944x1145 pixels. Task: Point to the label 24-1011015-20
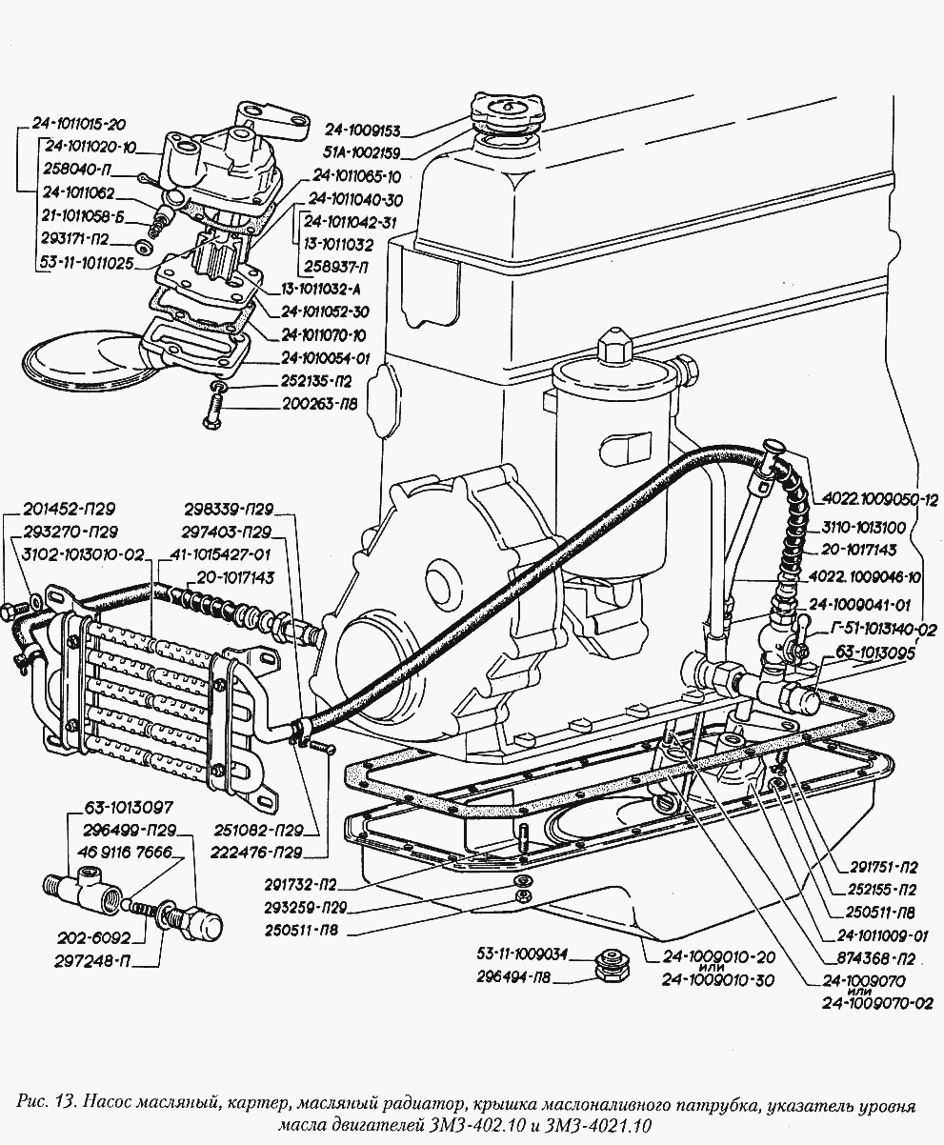point(78,124)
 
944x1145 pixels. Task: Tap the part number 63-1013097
point(129,808)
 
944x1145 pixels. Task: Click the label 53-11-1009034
point(522,952)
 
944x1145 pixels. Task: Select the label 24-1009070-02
point(875,1003)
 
